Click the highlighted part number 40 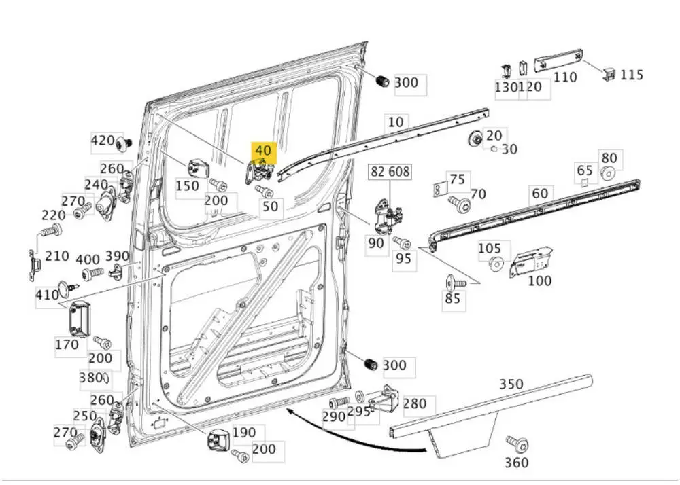pos(262,151)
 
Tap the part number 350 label pos(511,384)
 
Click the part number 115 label pos(631,75)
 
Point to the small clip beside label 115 pos(608,72)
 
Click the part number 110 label pos(564,77)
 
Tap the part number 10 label pos(395,122)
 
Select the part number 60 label pos(539,194)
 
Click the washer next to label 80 pos(609,174)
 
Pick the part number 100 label pos(539,280)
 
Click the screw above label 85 pos(454,280)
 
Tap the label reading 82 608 pos(390,172)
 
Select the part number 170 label pos(67,344)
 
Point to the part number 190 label pos(243,432)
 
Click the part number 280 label pos(414,404)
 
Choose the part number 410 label pos(46,295)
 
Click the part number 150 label pos(187,185)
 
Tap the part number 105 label pos(489,249)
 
